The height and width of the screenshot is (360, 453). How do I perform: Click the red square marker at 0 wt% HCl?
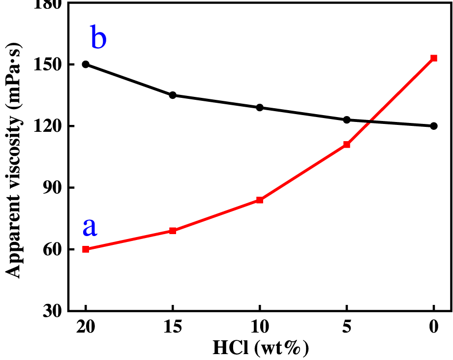[434, 58]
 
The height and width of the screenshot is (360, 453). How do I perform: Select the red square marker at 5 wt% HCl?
[347, 145]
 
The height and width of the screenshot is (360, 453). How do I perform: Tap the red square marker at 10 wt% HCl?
[260, 200]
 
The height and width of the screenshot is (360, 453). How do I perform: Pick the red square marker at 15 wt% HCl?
[173, 231]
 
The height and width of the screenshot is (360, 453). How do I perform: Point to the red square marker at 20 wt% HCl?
[86, 249]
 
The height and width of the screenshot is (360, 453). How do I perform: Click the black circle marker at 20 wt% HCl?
[86, 64]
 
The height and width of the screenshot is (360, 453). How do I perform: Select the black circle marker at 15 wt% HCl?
[173, 95]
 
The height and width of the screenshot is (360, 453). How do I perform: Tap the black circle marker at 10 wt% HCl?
[260, 107]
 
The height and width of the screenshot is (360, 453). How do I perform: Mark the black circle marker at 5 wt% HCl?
[347, 120]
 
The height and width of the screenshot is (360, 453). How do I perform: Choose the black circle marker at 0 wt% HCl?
[434, 126]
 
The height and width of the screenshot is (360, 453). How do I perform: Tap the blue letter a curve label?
[90, 227]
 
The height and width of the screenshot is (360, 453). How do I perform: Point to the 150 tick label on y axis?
[48, 65]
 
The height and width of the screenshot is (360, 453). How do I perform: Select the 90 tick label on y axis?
[52, 188]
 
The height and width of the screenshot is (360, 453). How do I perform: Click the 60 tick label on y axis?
[52, 249]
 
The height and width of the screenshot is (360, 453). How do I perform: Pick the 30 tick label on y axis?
[52, 311]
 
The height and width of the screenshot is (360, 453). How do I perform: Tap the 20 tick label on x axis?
[86, 328]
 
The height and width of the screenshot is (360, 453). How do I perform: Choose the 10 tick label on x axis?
[260, 328]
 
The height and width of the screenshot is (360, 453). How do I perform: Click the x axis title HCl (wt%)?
[260, 348]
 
